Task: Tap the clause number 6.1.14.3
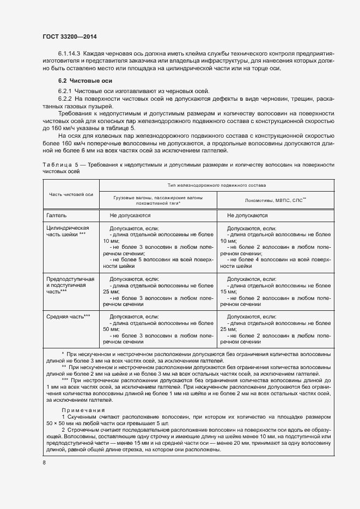69,53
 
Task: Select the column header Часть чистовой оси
71,194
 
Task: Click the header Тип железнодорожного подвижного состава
217,185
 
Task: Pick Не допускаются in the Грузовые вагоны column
130,216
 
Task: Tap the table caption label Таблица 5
59,164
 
